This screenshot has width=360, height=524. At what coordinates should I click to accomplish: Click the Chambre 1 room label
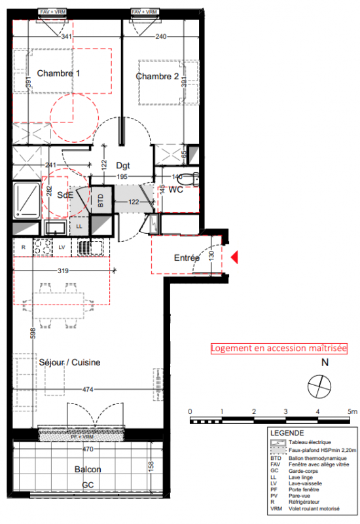[x=58, y=73]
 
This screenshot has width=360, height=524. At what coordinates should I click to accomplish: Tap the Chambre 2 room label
[x=157, y=77]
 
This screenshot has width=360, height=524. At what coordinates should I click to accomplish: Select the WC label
[x=175, y=190]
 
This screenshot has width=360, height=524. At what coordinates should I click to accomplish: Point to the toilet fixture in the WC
[x=188, y=179]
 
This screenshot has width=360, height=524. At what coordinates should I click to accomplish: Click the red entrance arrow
[x=234, y=257]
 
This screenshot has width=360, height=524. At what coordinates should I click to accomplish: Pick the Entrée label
[x=187, y=257]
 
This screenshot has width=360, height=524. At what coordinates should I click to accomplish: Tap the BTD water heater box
[x=101, y=200]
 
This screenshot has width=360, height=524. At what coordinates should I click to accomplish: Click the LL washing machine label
[x=79, y=226]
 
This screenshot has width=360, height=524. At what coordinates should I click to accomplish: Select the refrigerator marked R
[x=24, y=248]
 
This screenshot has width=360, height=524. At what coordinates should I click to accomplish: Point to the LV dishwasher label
[x=62, y=248]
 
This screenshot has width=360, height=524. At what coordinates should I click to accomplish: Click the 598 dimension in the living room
[x=33, y=333]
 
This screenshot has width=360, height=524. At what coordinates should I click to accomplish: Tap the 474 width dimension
[x=88, y=389]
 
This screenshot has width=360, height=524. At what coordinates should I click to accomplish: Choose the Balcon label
[x=88, y=469]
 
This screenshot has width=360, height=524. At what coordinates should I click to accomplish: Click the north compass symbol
[x=319, y=386]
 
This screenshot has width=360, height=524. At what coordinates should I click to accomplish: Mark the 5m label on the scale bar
[x=352, y=411]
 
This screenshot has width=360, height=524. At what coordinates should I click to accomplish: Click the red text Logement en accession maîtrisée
[x=279, y=348]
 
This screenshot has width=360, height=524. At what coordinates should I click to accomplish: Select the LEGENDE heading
[x=287, y=433]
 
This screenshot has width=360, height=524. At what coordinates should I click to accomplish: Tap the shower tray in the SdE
[x=27, y=200]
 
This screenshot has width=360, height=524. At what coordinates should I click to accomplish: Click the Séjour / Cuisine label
[x=69, y=362]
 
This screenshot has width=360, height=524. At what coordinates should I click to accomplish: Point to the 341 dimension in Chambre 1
[x=67, y=36]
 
